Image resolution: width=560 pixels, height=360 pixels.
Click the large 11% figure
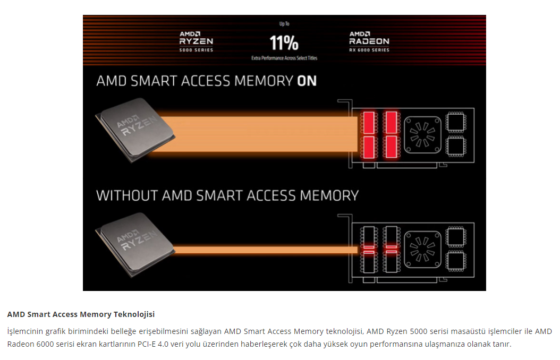point(284,42)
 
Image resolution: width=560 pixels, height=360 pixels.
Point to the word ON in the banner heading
point(307,81)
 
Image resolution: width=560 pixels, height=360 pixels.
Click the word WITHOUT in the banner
point(127,195)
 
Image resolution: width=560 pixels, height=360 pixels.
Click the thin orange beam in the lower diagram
point(266,249)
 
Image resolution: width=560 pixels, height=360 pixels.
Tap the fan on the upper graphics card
point(423,134)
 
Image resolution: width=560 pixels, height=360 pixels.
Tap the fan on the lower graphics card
point(423,248)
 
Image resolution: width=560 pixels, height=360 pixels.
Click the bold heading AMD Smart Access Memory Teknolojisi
point(81,314)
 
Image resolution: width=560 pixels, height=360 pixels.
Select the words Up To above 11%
point(284,24)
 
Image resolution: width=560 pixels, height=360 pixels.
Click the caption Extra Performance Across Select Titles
point(284,58)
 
